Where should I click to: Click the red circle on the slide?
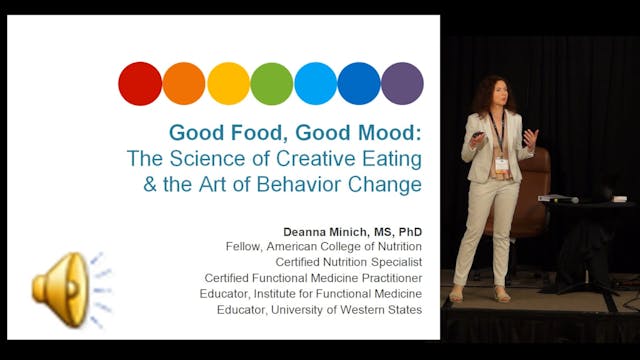140,83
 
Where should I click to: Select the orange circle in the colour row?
184,83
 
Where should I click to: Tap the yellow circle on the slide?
228,83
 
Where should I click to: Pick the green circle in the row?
272,83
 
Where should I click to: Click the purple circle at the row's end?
402,83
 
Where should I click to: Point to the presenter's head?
497,93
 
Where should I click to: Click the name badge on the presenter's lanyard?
501,163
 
